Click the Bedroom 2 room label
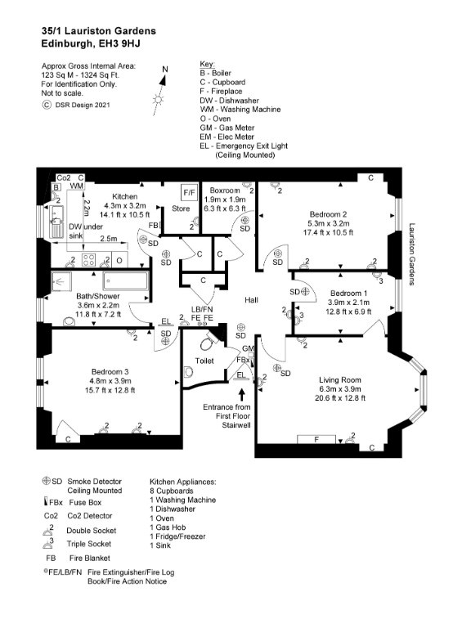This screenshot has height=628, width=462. point(328,214)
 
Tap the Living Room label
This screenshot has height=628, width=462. point(340,379)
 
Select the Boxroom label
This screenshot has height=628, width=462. point(225,191)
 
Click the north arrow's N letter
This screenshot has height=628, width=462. point(164,70)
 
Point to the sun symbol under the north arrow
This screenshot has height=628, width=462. point(158,99)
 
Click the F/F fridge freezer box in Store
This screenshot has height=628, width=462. point(189,193)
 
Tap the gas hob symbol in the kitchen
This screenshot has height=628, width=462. point(88,260)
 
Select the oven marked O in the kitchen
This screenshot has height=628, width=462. point(119,260)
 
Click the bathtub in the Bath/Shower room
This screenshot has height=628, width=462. point(126,280)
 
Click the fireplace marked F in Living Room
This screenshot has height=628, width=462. point(316,439)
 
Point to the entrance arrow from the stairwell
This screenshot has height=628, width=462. point(241,394)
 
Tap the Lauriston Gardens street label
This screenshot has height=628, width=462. point(412,254)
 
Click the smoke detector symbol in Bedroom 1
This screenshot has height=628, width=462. point(306,292)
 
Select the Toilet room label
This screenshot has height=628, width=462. point(204,361)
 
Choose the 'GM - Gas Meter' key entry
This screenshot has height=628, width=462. point(227,128)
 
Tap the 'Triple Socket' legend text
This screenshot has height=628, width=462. point(89,544)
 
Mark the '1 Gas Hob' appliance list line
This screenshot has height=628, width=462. point(168,527)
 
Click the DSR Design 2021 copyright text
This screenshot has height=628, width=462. point(82,105)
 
